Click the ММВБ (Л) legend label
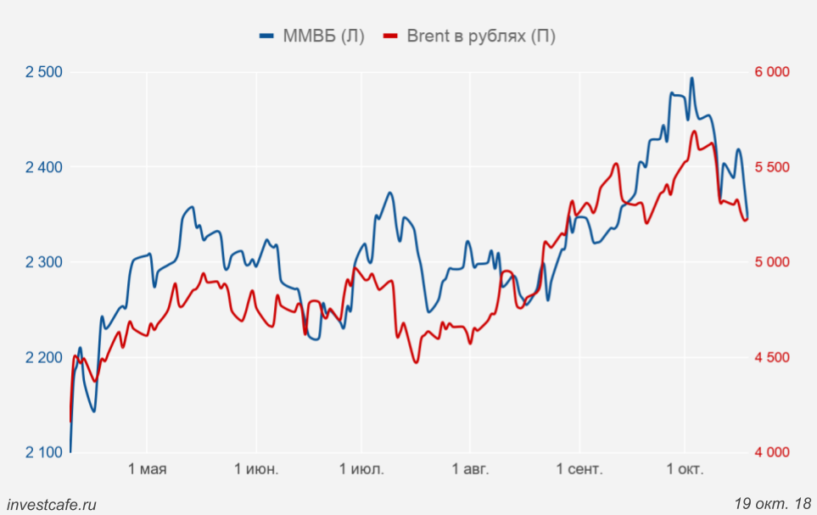(322, 36)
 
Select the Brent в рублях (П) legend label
(481, 36)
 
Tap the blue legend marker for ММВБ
(267, 36)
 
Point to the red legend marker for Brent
(391, 36)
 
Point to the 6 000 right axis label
(772, 72)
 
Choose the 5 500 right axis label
(772, 167)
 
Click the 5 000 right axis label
(772, 262)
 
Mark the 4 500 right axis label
(772, 357)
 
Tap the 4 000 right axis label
(772, 452)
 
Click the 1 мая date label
(147, 469)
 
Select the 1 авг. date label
(470, 469)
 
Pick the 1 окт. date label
(685, 469)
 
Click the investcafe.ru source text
(51, 504)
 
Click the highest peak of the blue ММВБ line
(691, 78)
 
